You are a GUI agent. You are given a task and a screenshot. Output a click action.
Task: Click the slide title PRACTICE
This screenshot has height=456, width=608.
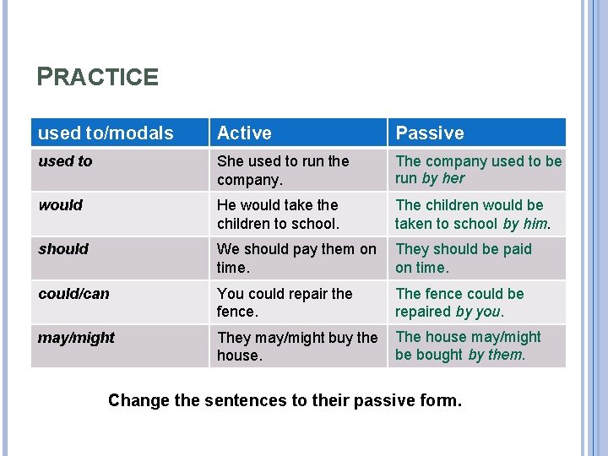click(x=98, y=78)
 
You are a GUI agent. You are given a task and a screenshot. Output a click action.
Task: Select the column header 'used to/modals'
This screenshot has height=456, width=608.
click(x=106, y=133)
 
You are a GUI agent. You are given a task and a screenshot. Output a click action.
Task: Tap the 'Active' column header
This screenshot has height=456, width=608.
click(x=244, y=133)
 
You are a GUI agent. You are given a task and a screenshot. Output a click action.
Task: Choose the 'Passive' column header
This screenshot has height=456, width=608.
click(x=430, y=133)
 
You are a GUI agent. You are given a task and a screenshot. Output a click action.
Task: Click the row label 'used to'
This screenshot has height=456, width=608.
click(x=66, y=161)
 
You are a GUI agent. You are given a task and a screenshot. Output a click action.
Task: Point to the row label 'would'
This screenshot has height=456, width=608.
click(x=61, y=205)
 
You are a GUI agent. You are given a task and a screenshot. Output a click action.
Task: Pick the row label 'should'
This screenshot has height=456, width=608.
click(x=63, y=249)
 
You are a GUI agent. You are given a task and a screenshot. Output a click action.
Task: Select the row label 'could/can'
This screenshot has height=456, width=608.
click(x=74, y=294)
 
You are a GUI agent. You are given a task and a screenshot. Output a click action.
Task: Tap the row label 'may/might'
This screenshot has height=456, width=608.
click(x=76, y=338)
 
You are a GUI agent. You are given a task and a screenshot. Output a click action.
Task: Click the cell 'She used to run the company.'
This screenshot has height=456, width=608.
click(x=283, y=170)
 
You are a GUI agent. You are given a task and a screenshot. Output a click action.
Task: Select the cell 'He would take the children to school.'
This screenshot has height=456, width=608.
click(x=278, y=214)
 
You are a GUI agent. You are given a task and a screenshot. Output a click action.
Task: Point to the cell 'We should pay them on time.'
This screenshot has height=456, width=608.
click(x=296, y=258)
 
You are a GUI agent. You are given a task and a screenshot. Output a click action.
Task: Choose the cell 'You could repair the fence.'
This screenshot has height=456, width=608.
click(x=285, y=302)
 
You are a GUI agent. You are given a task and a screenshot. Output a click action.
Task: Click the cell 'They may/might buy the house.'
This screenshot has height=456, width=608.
click(x=297, y=346)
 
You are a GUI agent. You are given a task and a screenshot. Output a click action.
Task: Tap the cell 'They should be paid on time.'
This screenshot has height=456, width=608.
click(x=464, y=258)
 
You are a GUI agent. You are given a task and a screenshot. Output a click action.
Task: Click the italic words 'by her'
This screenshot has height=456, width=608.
click(x=443, y=178)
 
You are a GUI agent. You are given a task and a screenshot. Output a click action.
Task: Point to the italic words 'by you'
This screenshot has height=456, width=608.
click(x=479, y=312)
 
